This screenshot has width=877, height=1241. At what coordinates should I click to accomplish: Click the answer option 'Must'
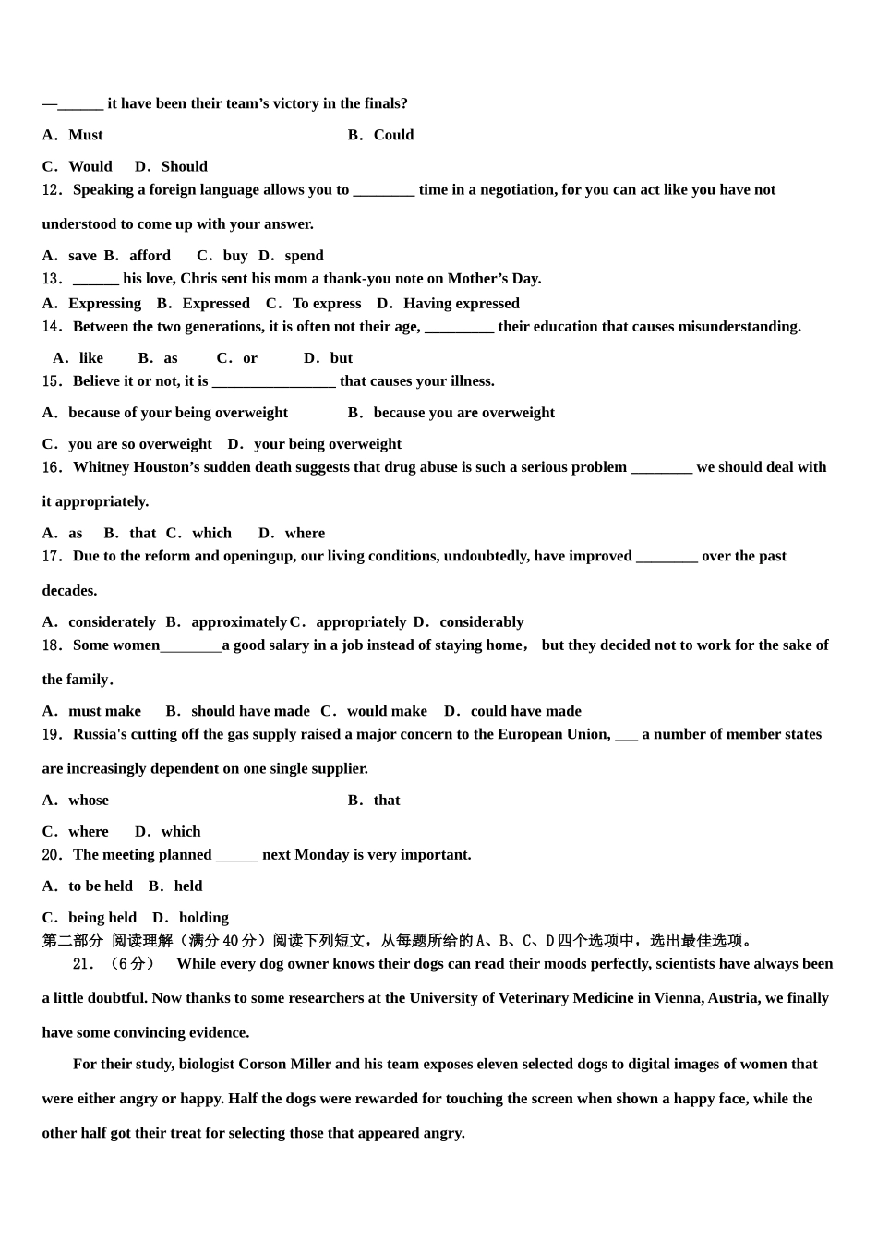click(85, 135)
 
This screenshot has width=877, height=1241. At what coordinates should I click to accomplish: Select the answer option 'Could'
click(393, 135)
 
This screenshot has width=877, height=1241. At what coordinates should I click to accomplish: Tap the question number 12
click(52, 190)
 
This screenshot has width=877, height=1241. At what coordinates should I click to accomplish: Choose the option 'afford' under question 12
click(150, 256)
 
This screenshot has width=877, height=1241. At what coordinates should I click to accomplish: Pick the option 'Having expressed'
click(461, 304)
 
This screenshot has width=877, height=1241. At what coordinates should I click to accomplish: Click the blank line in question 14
click(459, 328)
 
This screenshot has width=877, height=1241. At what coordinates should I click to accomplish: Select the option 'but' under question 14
click(341, 358)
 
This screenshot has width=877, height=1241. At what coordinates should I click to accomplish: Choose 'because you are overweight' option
click(463, 413)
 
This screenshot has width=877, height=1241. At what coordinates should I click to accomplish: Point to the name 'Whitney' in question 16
click(102, 467)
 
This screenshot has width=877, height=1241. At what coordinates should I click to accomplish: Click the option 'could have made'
click(525, 711)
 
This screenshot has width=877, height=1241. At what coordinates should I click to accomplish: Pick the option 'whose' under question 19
click(88, 801)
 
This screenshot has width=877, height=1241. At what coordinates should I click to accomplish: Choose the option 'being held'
click(102, 918)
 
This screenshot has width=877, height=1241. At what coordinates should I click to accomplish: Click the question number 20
click(52, 855)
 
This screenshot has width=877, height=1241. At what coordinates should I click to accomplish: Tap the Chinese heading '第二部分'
click(73, 941)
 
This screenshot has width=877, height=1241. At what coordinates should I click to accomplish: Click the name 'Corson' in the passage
click(262, 1065)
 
